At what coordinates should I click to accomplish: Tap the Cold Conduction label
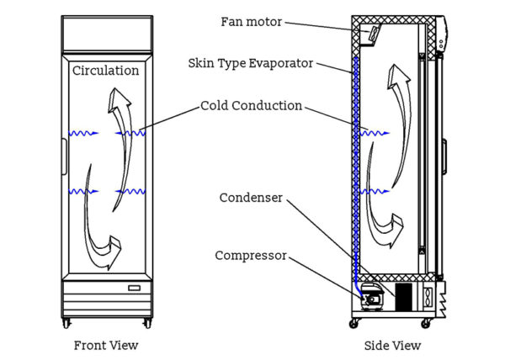point(251,106)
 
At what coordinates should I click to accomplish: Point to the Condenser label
point(250,198)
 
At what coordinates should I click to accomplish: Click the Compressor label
point(252,255)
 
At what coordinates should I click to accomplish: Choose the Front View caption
point(106,345)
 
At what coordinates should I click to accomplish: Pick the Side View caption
point(393,345)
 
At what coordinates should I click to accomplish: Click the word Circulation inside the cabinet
point(105,71)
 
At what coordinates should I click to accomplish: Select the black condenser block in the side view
point(404,296)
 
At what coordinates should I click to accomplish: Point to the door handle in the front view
point(64,153)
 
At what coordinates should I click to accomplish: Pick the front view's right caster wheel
point(148,323)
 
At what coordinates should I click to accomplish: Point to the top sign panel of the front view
point(107,34)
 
